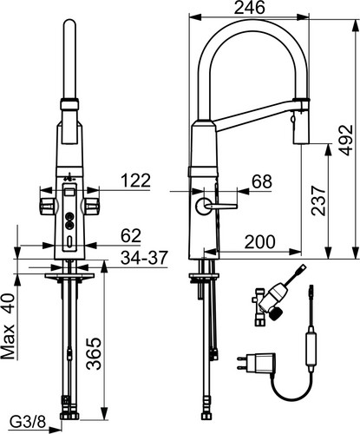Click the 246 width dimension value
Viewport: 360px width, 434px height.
tap(249, 8)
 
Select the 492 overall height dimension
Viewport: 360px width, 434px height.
tap(346, 140)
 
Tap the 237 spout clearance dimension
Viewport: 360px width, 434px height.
tap(318, 201)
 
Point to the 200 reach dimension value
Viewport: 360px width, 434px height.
tap(260, 241)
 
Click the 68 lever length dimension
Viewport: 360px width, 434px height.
tap(262, 181)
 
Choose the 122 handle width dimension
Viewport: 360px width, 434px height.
tap(135, 181)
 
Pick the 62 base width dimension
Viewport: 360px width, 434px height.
tap(131, 235)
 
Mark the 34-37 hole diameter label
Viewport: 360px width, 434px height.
tap(144, 257)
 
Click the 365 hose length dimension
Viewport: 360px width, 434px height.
tap(95, 353)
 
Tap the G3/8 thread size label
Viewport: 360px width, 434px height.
tap(28, 423)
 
